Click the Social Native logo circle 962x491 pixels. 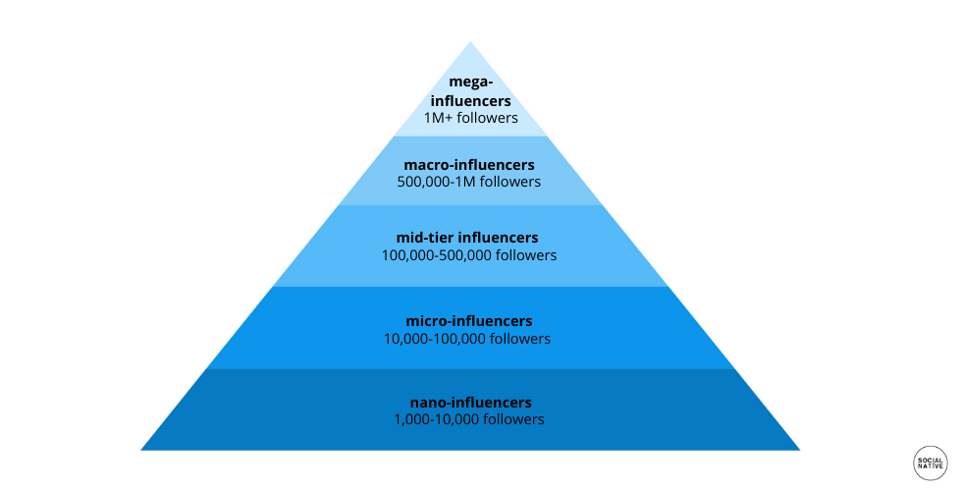pyautogui.click(x=931, y=463)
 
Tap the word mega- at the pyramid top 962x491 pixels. pyautogui.click(x=470, y=82)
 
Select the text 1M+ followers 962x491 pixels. pyautogui.click(x=470, y=118)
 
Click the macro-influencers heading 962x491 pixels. pyautogui.click(x=469, y=165)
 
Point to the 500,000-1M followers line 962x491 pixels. pyautogui.click(x=469, y=182)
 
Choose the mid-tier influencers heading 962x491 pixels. pyautogui.click(x=467, y=238)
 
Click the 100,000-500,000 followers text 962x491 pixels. pyautogui.click(x=469, y=255)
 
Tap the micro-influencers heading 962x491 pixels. pyautogui.click(x=469, y=321)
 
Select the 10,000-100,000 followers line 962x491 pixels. pyautogui.click(x=467, y=339)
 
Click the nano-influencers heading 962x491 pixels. pyautogui.click(x=470, y=403)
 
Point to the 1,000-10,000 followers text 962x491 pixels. pyautogui.click(x=469, y=419)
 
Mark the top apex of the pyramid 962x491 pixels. pyautogui.click(x=470, y=41)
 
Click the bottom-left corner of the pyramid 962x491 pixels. pyautogui.click(x=141, y=450)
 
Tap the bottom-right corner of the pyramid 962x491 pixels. pyautogui.click(x=800, y=450)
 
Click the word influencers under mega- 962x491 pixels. pyautogui.click(x=470, y=100)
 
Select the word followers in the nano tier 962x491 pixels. pyautogui.click(x=513, y=419)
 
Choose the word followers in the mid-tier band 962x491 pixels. pyautogui.click(x=526, y=255)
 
